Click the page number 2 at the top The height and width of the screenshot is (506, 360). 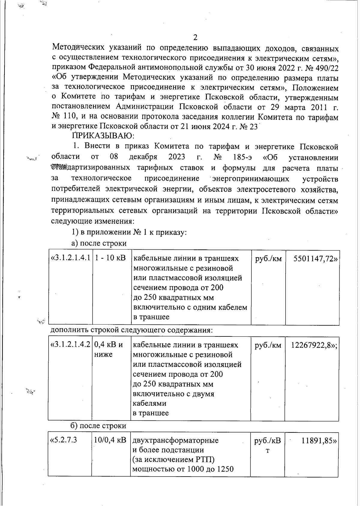pyautogui.click(x=195, y=38)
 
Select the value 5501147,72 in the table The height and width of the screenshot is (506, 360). pyautogui.click(x=315, y=259)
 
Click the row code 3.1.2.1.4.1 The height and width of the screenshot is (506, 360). pyautogui.click(x=71, y=258)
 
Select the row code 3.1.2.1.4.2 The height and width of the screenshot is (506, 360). pyautogui.click(x=71, y=345)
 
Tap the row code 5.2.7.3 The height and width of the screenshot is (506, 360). pyautogui.click(x=64, y=440)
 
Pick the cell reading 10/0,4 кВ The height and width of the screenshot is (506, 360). pyautogui.click(x=110, y=440)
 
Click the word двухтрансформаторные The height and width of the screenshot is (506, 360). pyautogui.click(x=175, y=441)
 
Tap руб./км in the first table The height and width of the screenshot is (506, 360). pyautogui.click(x=268, y=258)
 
